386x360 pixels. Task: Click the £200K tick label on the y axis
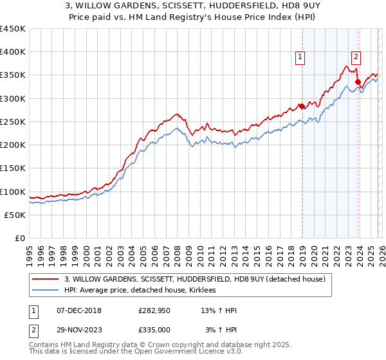pyautogui.click(x=13, y=145)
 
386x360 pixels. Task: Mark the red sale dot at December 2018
pyautogui.click(x=301, y=107)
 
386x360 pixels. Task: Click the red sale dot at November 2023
pyautogui.click(x=358, y=82)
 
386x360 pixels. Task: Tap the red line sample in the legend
pyautogui.click(x=46, y=279)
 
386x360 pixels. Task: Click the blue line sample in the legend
pyautogui.click(x=46, y=290)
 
